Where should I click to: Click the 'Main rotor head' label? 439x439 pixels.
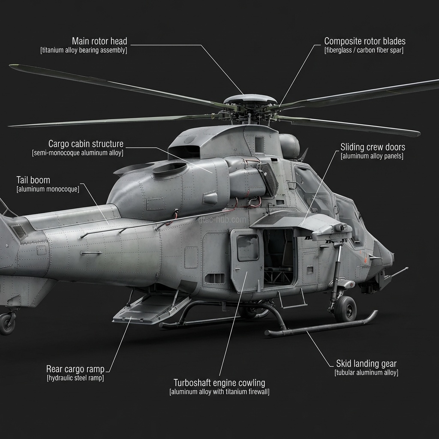99,41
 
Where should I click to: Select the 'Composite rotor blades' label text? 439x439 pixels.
365,41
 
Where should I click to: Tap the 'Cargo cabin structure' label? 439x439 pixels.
86,144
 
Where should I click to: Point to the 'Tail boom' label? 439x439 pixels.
33,180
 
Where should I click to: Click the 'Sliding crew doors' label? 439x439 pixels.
373,147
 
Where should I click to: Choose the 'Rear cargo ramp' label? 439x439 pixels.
75,369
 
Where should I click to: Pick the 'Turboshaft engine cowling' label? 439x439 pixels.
219,383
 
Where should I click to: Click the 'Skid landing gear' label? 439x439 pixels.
366,364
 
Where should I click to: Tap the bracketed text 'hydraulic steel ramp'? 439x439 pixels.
75,378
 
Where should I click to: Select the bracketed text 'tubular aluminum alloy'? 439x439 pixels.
366,373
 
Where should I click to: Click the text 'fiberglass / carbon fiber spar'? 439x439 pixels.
364,51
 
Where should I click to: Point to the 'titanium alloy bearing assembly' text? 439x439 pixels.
84,51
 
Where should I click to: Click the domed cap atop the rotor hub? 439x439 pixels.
250,99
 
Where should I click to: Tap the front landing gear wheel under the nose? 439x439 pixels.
346,309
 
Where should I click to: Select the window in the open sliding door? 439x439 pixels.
248,247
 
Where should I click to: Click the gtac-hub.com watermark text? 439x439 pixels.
222,220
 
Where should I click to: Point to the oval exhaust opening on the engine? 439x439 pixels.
170,169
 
